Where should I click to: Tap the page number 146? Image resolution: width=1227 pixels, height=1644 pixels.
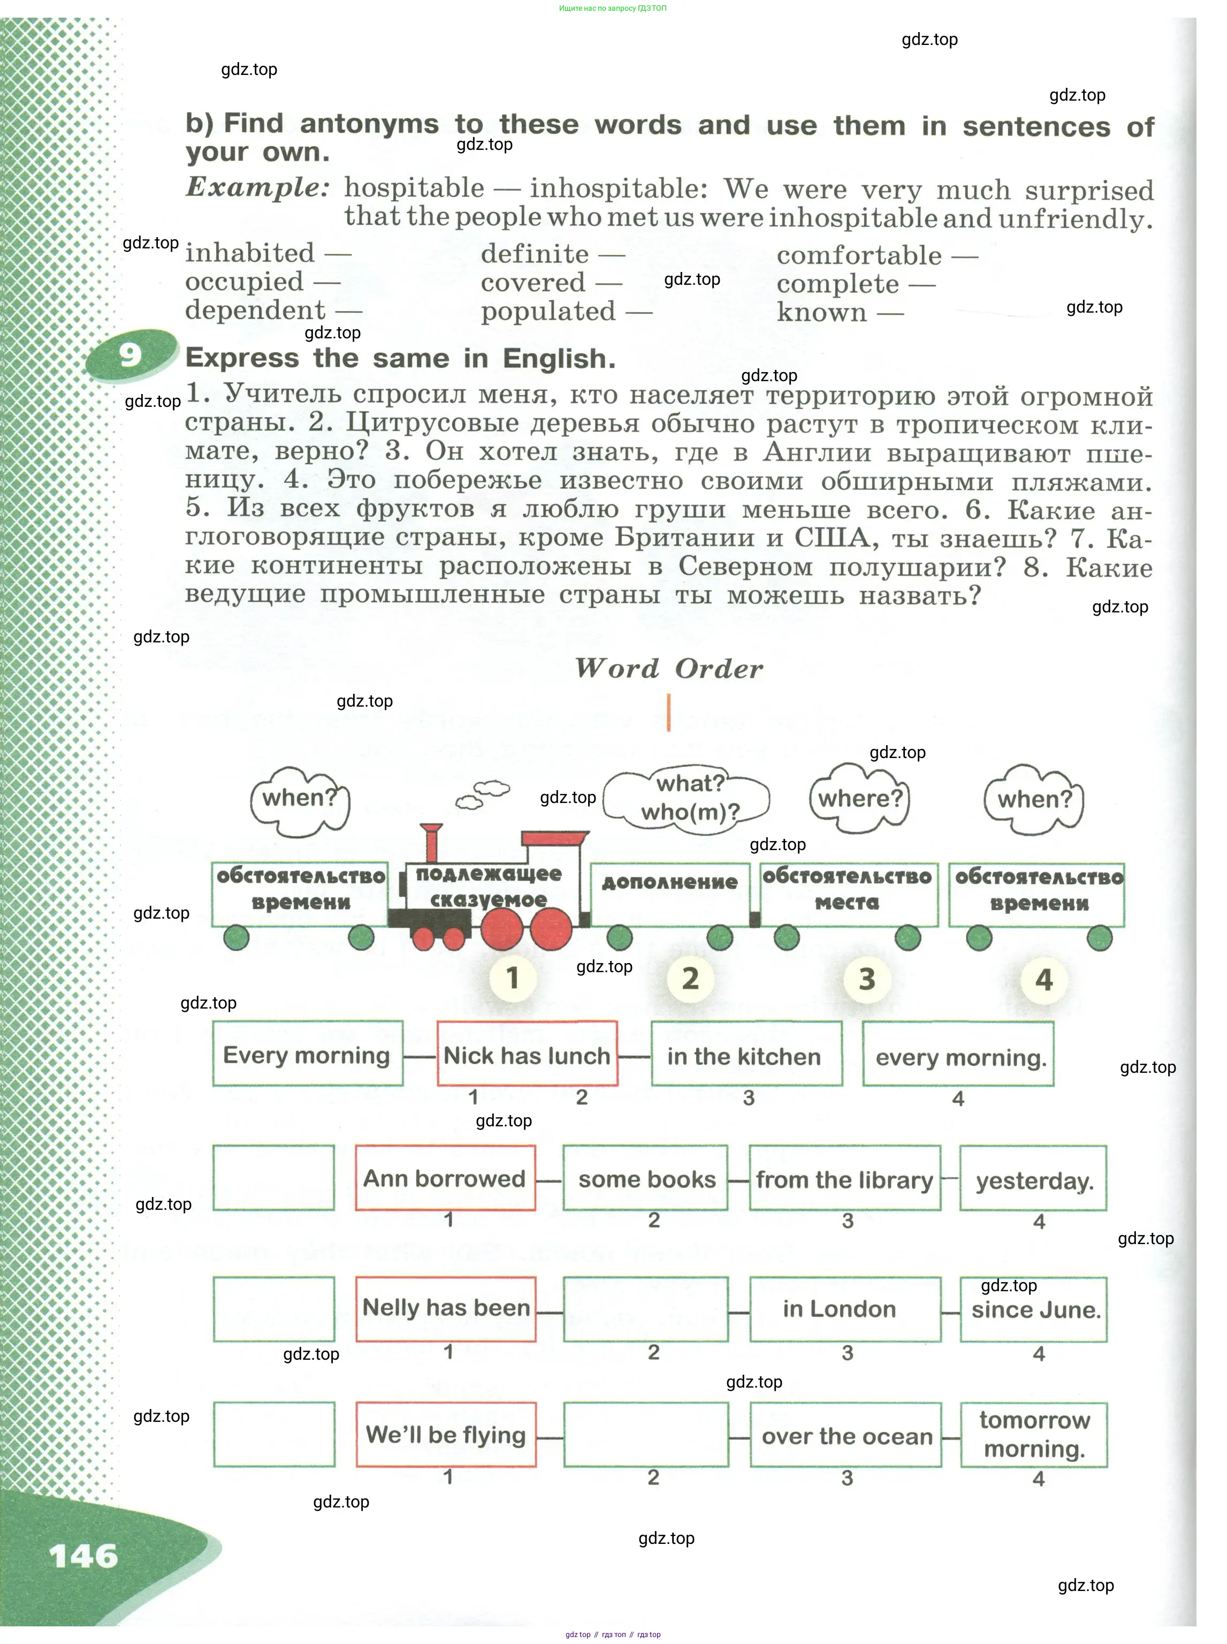[x=83, y=1555]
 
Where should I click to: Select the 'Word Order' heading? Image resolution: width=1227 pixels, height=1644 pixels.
[x=668, y=669]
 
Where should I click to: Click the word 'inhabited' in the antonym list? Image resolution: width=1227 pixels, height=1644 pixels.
[x=249, y=253]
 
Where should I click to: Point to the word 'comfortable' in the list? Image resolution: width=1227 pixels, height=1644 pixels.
[x=859, y=255]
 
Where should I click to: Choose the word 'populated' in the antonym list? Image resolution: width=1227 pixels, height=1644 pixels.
[x=548, y=311]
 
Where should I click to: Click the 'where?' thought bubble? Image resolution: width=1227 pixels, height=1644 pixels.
[x=859, y=799]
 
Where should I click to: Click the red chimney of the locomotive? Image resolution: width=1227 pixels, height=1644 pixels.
[x=430, y=843]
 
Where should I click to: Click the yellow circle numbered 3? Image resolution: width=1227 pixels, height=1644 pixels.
[x=867, y=979]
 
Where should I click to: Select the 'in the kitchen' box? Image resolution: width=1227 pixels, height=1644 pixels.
[x=746, y=1056]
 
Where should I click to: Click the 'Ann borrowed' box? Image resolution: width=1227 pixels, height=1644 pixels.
[x=445, y=1178]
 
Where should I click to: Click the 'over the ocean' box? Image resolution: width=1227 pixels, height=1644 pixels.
[x=846, y=1435]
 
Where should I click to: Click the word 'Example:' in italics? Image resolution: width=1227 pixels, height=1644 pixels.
[x=257, y=187]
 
